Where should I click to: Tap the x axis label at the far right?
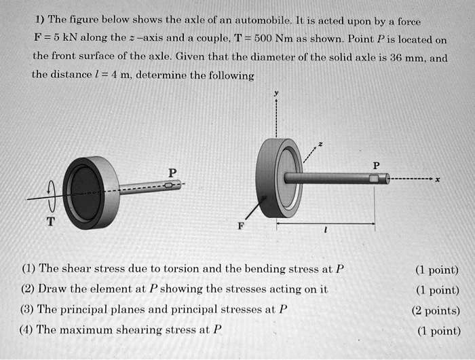(x=438, y=180)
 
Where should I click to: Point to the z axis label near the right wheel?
(x=322, y=145)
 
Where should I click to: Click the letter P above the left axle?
(x=172, y=173)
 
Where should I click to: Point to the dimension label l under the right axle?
(x=327, y=230)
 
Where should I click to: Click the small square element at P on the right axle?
(x=373, y=179)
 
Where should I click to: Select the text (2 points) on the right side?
(x=435, y=310)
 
